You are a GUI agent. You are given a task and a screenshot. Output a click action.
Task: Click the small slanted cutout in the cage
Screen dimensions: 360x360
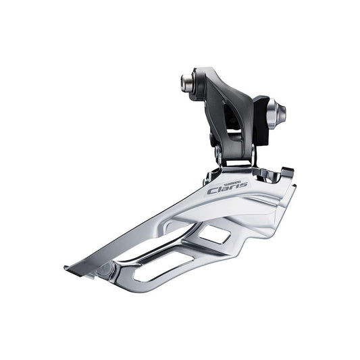tap(215, 234)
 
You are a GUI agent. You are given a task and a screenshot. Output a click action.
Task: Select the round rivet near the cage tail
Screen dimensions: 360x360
tap(103, 269)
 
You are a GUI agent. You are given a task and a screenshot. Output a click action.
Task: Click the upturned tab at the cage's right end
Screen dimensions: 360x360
tap(286, 173)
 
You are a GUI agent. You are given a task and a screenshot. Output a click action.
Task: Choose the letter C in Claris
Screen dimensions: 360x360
tap(213, 192)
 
